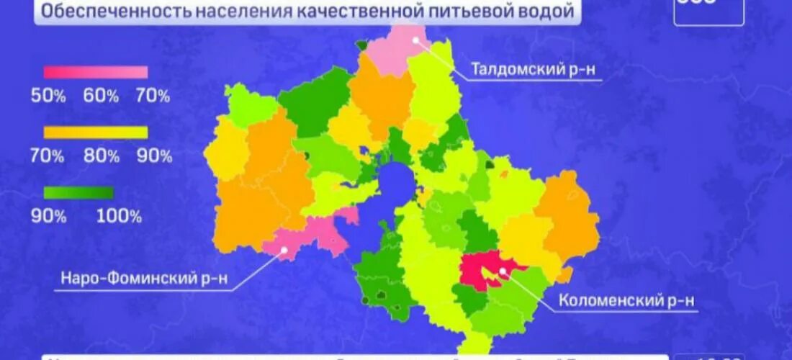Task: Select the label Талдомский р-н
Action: pos(534,69)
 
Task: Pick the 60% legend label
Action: pos(101,96)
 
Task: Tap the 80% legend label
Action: pos(101,155)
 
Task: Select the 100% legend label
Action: pos(120,216)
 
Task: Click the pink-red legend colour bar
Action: pos(96,72)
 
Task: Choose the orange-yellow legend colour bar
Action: pos(96,132)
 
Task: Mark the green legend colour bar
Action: pos(78,192)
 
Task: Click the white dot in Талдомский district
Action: pos(416,40)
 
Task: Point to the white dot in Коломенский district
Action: pos(501,271)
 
